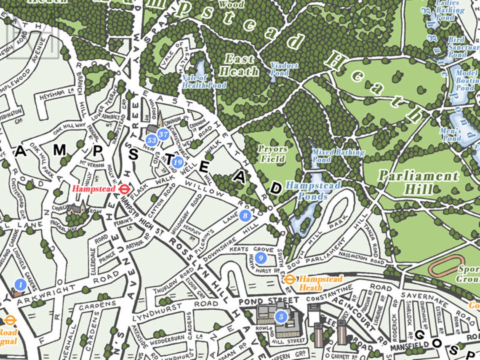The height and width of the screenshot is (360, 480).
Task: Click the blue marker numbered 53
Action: click(152, 140)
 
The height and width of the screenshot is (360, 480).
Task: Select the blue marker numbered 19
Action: click(178, 162)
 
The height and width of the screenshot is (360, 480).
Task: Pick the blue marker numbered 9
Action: click(261, 257)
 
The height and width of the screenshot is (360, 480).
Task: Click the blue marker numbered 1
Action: click(19, 285)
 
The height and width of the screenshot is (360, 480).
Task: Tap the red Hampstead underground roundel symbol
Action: click(124, 189)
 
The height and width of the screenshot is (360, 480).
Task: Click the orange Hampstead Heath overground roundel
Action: click(289, 279)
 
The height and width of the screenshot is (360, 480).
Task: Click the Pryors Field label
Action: click(273, 154)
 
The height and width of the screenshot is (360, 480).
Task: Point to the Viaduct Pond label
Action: click(284, 69)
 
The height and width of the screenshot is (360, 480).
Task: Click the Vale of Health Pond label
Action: click(204, 81)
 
